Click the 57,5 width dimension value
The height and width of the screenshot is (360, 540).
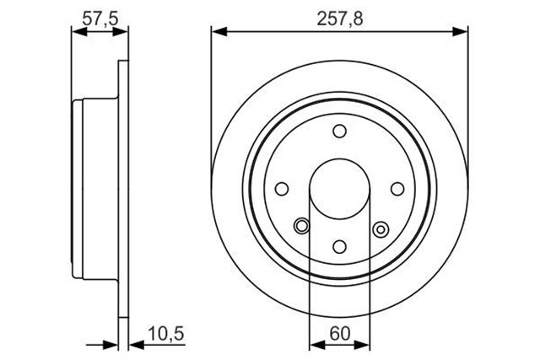100,14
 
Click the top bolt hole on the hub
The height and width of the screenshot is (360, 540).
339,132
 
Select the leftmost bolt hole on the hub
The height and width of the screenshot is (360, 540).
283,189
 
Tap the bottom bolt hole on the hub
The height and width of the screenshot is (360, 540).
339,245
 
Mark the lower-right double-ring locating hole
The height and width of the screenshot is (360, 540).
380,226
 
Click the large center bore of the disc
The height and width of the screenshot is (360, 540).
339,189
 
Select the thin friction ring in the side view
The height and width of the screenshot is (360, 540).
123,189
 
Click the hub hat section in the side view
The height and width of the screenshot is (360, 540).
93,189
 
